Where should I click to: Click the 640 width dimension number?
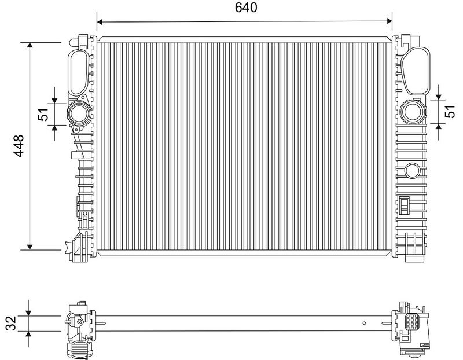(246, 8)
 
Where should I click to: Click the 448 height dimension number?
(19, 146)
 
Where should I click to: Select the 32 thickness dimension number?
(11, 323)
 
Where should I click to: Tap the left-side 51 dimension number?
(43, 114)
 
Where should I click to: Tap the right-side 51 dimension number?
(450, 111)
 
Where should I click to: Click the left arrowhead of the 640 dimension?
(100, 21)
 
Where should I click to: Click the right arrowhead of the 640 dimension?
(389, 21)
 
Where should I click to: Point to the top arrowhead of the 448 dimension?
(30, 45)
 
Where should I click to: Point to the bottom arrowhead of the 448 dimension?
(30, 247)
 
